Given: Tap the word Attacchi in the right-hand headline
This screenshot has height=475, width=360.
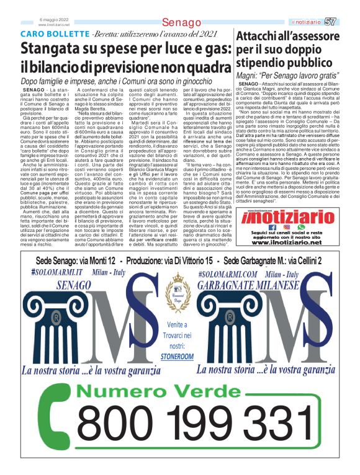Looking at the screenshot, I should (266, 36).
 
